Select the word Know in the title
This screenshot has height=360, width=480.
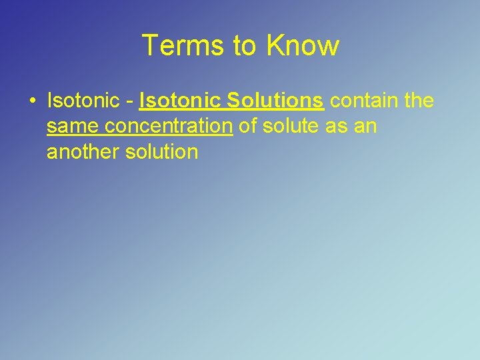click(303, 46)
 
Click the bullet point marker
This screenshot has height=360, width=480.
click(31, 101)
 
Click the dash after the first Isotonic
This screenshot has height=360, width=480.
click(131, 102)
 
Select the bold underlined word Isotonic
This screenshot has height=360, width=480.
click(180, 101)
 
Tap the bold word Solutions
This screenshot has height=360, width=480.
click(275, 101)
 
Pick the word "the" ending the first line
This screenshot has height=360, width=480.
click(417, 101)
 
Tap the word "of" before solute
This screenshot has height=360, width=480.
click(249, 126)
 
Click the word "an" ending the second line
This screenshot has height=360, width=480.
click(366, 127)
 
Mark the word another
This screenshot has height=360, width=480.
click(83, 151)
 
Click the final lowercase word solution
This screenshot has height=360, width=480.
click(163, 151)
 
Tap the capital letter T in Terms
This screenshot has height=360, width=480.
click(150, 46)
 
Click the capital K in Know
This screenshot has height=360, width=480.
click(275, 46)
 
